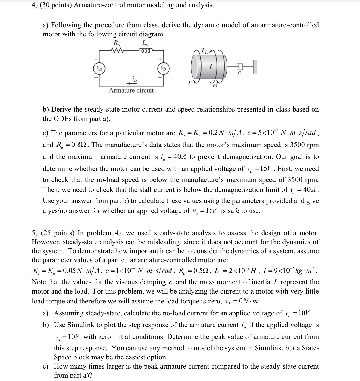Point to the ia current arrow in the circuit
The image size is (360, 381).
click(131, 83)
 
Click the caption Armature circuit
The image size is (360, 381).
click(131, 91)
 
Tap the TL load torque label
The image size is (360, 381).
click(204, 51)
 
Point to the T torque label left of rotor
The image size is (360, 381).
click(189, 83)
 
